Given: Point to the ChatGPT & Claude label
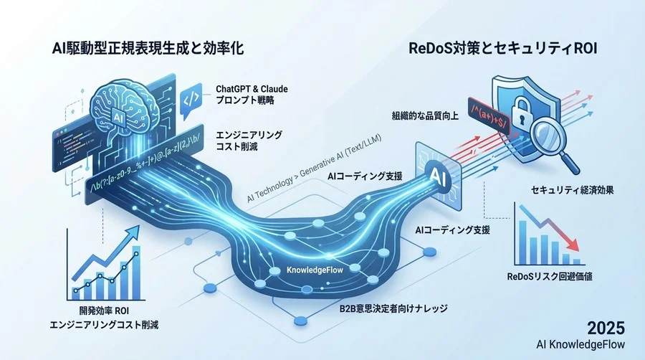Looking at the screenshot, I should pyautogui.click(x=252, y=89).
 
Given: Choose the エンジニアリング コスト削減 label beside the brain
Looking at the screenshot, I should pyautogui.click(x=249, y=141).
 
